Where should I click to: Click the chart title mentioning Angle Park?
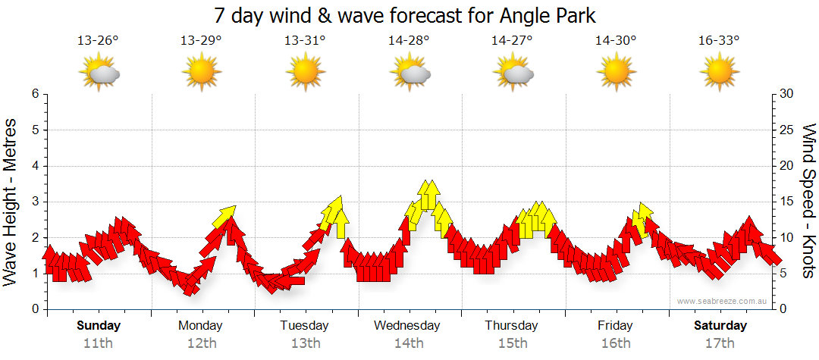pyautogui.click(x=409, y=15)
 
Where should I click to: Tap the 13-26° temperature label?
pyautogui.click(x=99, y=41)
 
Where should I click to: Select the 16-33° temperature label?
pyautogui.click(x=719, y=41)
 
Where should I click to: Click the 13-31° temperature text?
pyautogui.click(x=305, y=41)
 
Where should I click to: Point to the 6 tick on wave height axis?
pyautogui.click(x=34, y=94)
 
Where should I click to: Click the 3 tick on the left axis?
pyautogui.click(x=34, y=202)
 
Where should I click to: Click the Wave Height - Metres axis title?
pyautogui.click(x=11, y=202)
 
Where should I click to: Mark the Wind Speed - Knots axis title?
pyautogui.click(x=808, y=202)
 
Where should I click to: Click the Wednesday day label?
pyautogui.click(x=406, y=326)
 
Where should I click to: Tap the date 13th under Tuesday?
pyautogui.click(x=304, y=343)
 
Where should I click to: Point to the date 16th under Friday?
pyautogui.click(x=615, y=343)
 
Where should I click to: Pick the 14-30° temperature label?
pyautogui.click(x=615, y=41)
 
